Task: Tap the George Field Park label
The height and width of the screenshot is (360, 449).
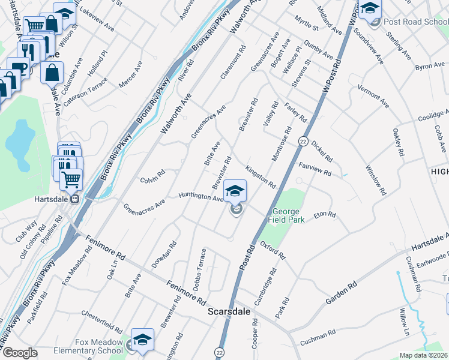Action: pyautogui.click(x=289, y=215)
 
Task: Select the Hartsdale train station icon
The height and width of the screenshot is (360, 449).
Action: pyautogui.click(x=74, y=199)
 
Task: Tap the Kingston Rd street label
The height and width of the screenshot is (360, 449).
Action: pyautogui.click(x=260, y=176)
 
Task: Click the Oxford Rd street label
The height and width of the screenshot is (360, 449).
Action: pyautogui.click(x=273, y=250)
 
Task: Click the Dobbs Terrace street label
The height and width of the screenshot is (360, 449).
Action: pyautogui.click(x=200, y=269)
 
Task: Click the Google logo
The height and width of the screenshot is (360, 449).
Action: pyautogui.click(x=20, y=353)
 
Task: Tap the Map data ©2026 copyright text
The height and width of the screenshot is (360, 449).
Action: pyautogui.click(x=423, y=355)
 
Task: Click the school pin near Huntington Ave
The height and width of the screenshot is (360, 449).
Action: pyautogui.click(x=235, y=191)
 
